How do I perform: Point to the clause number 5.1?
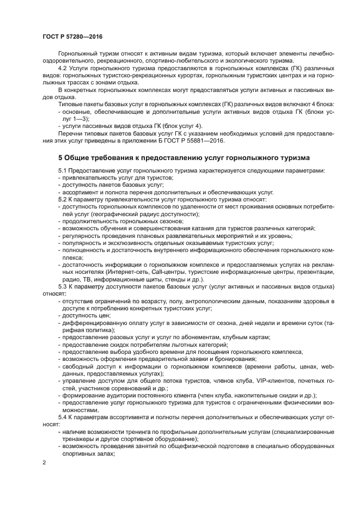(63, 171)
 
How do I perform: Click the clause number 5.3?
(63, 285)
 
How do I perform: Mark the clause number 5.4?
(63, 416)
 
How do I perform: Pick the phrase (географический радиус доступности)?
(131, 214)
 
